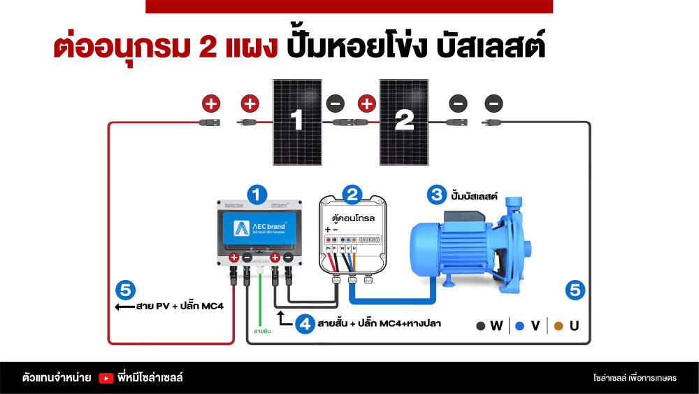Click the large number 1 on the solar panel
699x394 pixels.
click(x=296, y=122)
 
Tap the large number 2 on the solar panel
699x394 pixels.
click(x=403, y=122)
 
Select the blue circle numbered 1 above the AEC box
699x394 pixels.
click(x=259, y=194)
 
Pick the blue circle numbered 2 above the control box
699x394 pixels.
click(x=353, y=194)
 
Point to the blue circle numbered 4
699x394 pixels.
click(x=305, y=325)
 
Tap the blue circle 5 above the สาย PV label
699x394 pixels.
click(x=126, y=290)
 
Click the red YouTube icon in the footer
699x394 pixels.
click(x=106, y=378)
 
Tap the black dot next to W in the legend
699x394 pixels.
click(x=481, y=325)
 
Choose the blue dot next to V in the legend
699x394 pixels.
click(x=519, y=325)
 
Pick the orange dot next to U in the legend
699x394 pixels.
click(x=558, y=325)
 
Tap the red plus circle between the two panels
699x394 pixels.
click(x=366, y=104)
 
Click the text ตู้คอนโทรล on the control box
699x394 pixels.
click(x=353, y=218)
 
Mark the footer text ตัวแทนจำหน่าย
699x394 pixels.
click(x=57, y=378)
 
